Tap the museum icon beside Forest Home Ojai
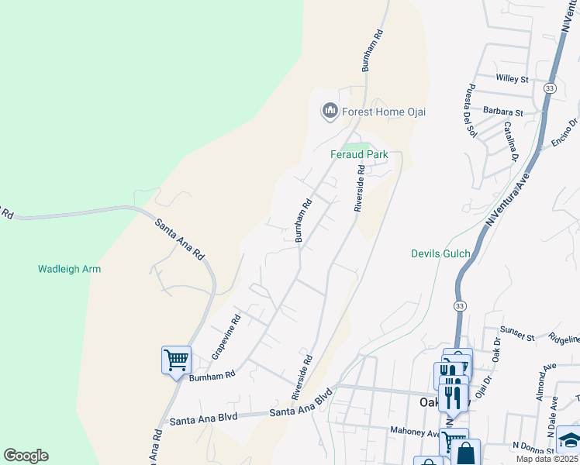[330, 112]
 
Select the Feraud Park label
[359, 154]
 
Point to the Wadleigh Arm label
[70, 269]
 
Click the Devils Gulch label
[440, 253]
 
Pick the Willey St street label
[512, 78]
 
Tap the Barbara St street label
[503, 112]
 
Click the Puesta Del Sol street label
[469, 109]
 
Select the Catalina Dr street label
[510, 141]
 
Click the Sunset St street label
[518, 337]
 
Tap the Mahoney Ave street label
[416, 432]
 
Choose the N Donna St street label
[530, 446]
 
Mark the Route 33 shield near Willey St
[550, 89]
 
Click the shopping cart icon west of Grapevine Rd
[177, 360]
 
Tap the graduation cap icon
[570, 439]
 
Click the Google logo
[26, 456]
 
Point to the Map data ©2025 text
[547, 459]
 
